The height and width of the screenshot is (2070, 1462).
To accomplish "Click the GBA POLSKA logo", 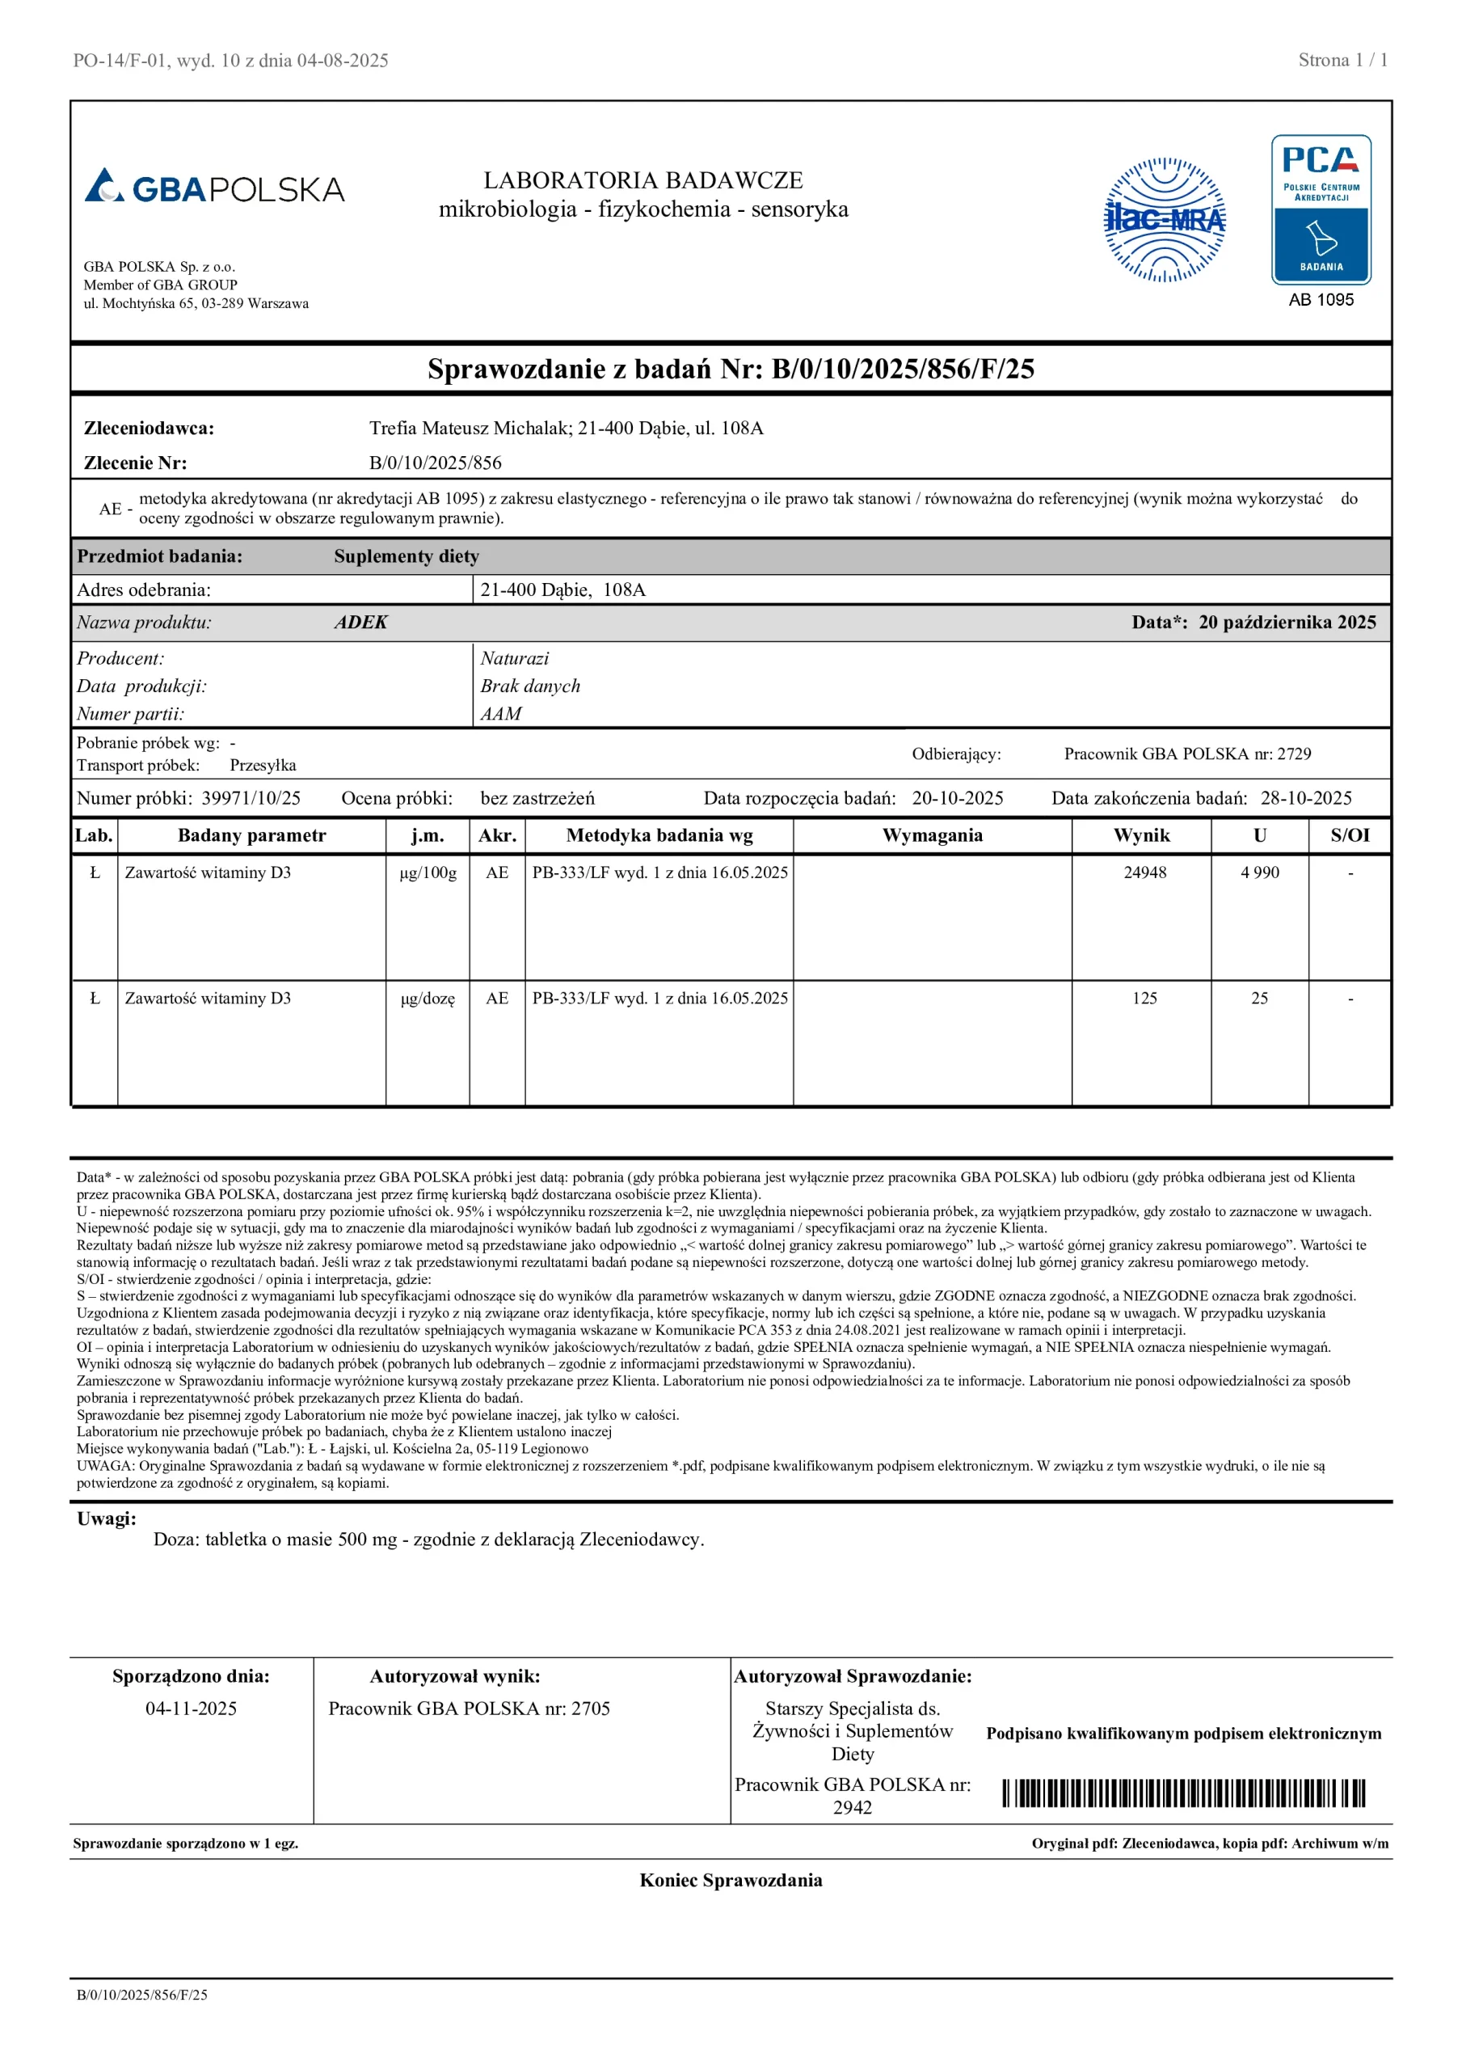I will coord(214,188).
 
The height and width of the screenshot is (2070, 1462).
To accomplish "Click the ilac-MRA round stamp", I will coord(1165,220).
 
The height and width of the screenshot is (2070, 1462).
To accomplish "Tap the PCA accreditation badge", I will coord(1321,209).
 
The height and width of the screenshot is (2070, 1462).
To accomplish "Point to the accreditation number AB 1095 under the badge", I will coord(1321,300).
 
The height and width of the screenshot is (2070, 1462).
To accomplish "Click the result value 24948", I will coord(1144,872).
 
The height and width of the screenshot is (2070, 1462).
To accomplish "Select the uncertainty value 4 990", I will coord(1259,872).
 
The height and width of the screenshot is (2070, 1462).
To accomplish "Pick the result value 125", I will coord(1144,998).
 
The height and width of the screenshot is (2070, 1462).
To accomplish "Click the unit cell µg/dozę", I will coord(428,998).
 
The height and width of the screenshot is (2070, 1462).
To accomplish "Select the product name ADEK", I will coord(360,622).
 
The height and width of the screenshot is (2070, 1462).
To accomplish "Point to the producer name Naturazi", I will coord(514,658).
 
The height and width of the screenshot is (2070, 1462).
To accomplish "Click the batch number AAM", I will coord(501,713).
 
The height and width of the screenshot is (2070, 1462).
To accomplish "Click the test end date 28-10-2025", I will coord(1305,798).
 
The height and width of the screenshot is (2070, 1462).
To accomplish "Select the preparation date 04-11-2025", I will coord(191,1709).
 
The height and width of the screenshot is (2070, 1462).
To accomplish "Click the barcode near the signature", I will coord(1183,1793).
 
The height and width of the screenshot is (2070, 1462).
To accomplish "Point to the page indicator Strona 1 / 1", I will coord(1342,61).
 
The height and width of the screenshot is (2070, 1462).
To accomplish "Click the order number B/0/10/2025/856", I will coord(436,463).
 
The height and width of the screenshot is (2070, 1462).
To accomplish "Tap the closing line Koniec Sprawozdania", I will coord(730,1880).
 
